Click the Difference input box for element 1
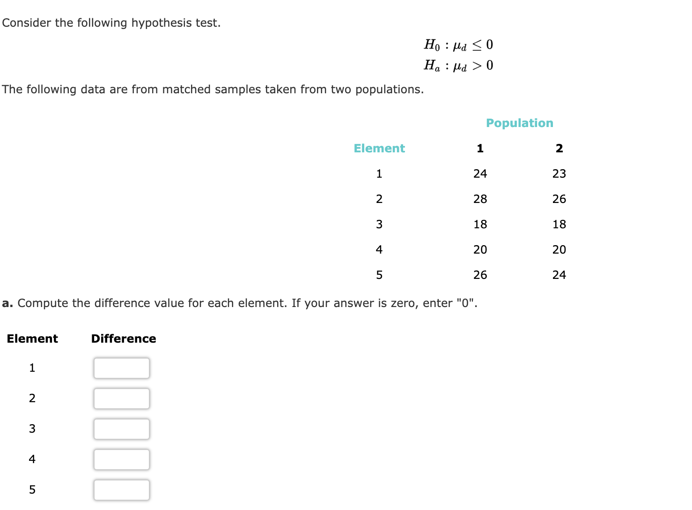coord(121,368)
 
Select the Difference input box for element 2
coord(121,398)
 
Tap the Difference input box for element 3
coord(121,429)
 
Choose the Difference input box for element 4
coord(121,459)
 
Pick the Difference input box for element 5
coord(121,490)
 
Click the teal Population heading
coord(519,123)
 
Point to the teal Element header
coord(379,149)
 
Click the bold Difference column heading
coord(124,339)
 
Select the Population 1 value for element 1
coord(480,174)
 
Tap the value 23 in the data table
coord(559,174)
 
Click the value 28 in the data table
coord(480,199)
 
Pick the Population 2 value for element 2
coord(559,199)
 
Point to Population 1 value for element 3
coord(480,225)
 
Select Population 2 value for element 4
coord(559,250)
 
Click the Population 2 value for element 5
coord(559,275)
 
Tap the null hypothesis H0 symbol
coord(432,45)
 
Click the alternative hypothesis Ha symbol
coord(432,66)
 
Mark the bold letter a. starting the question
coord(7,303)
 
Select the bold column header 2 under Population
coord(559,149)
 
